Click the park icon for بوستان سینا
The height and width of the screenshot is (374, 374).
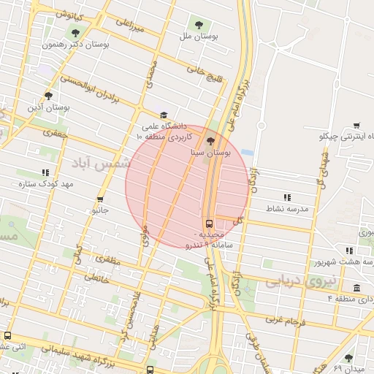coord(211,141)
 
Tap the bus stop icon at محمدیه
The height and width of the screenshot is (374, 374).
coord(210,224)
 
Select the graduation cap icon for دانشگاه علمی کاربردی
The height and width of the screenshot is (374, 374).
coord(164,115)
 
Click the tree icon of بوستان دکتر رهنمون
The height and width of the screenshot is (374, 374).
coord(75,32)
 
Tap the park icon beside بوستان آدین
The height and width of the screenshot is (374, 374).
coord(48,95)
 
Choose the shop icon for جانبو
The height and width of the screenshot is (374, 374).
coord(99,199)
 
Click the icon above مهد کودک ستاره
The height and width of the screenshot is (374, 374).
coord(46,172)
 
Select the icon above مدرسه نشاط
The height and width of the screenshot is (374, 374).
coord(287,197)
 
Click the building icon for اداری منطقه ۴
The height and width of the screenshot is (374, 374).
coord(356,288)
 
